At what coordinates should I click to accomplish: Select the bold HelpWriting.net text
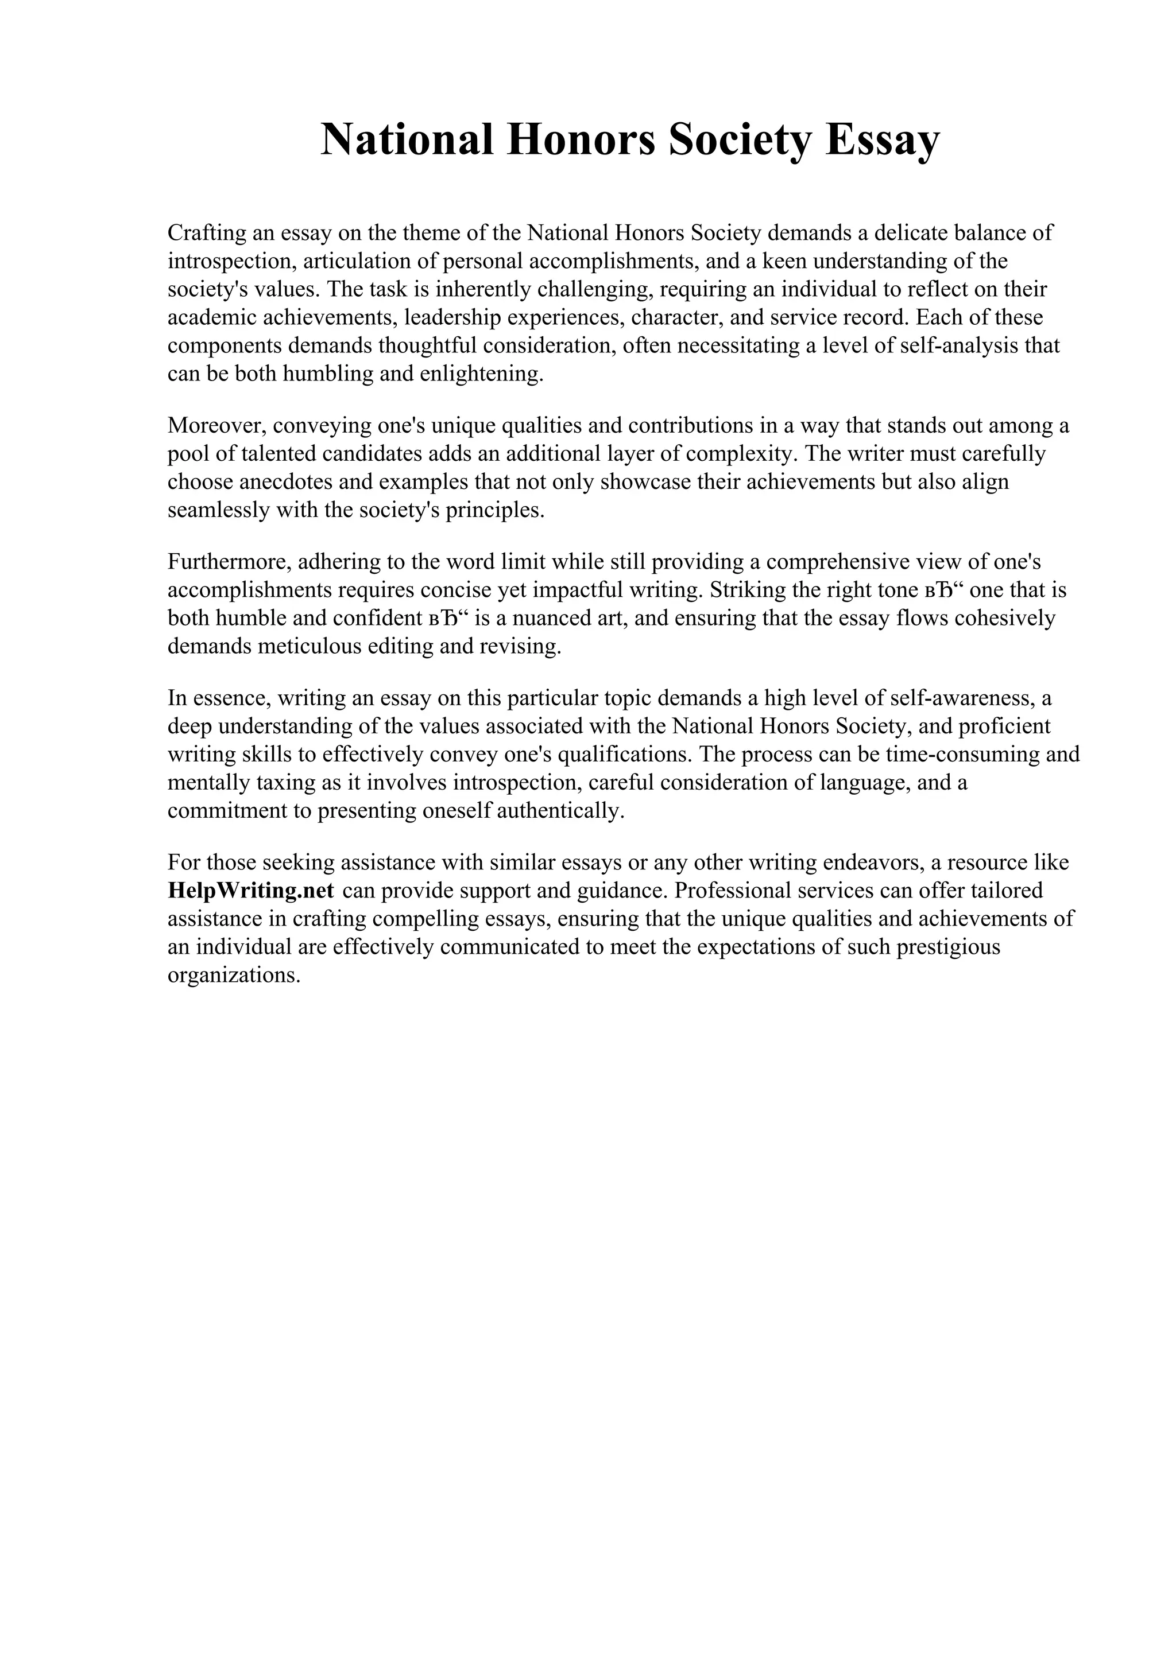pyautogui.click(x=251, y=890)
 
